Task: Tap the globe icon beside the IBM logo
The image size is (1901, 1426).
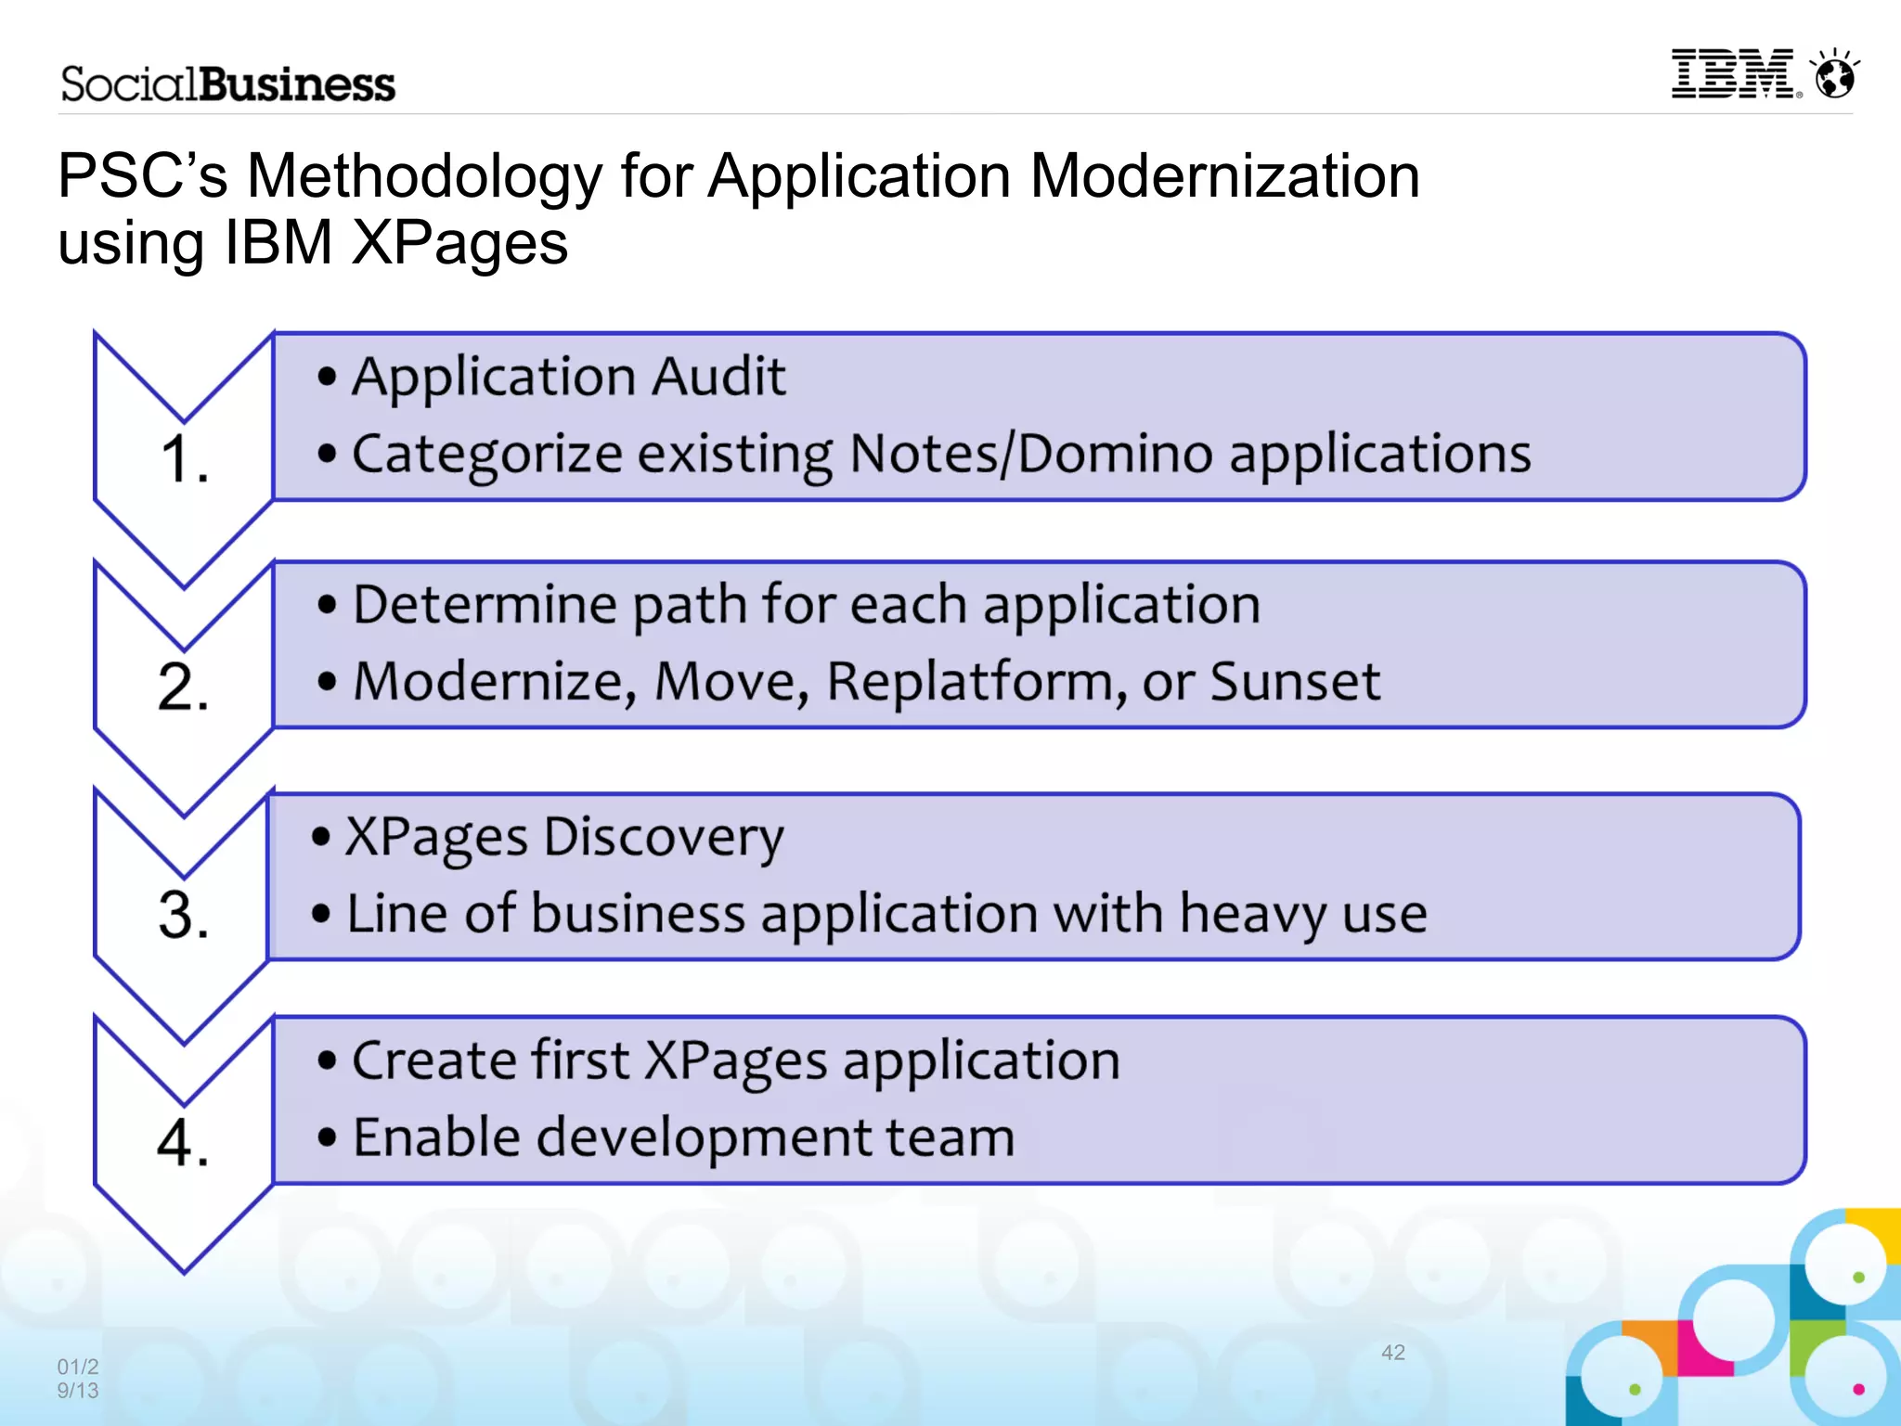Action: point(1835,74)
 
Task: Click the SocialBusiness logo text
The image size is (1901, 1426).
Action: point(228,84)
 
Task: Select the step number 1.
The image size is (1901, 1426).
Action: point(184,459)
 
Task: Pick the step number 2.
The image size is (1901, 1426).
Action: point(184,687)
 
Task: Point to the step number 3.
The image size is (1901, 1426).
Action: point(184,915)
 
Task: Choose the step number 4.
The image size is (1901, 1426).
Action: point(184,1141)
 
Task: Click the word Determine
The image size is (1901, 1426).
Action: point(485,605)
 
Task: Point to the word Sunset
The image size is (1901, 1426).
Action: point(1295,682)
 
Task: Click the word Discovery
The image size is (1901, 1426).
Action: point(663,838)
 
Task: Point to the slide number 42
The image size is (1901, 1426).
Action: point(1392,1353)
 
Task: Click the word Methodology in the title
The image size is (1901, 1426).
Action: point(424,175)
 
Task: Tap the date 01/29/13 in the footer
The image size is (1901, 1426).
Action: point(78,1378)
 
